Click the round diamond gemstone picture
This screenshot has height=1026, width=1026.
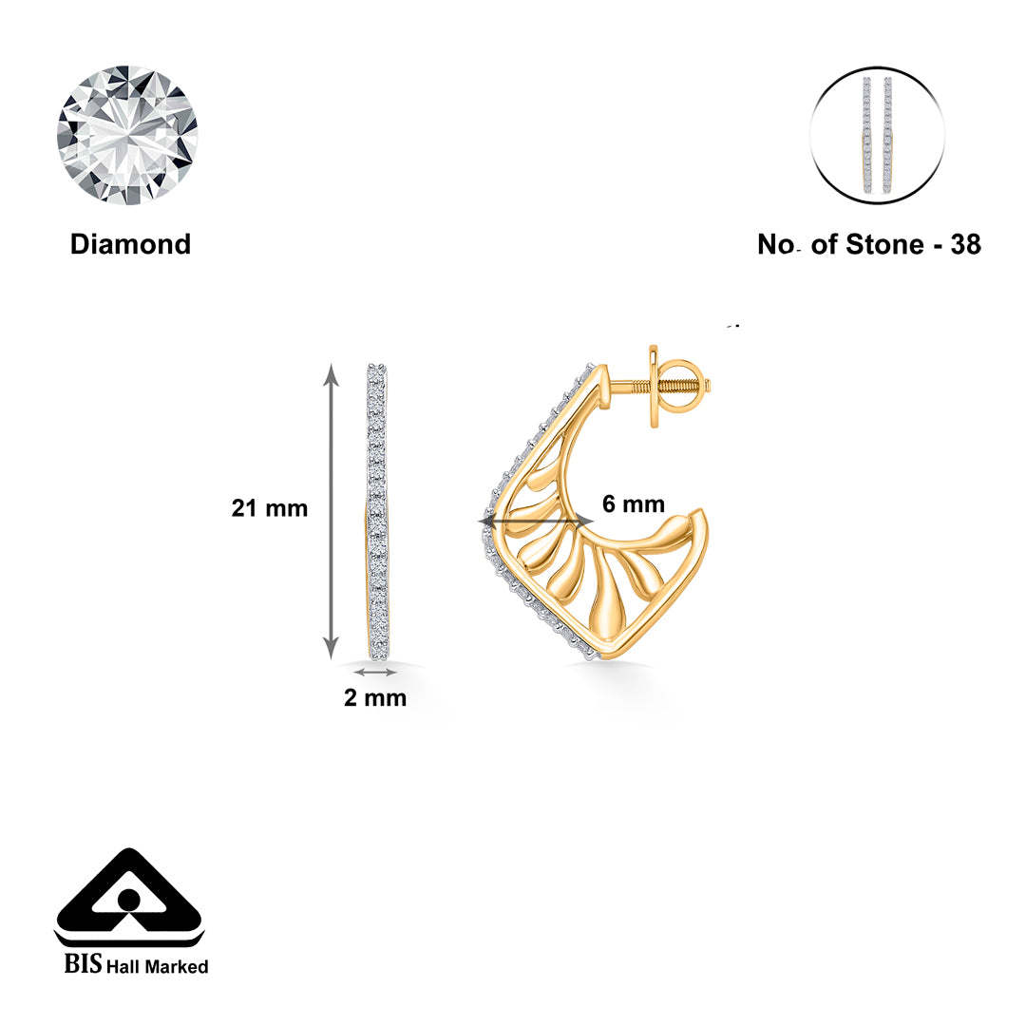coord(127,135)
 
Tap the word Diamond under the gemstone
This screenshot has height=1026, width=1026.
coord(130,244)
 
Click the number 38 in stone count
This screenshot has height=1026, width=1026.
coord(965,244)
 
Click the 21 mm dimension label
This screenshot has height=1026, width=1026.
coord(270,508)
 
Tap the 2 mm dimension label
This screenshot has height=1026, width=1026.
coord(375,698)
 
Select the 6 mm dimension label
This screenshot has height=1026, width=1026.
coord(633,503)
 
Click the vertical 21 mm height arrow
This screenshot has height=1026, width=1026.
coord(331,510)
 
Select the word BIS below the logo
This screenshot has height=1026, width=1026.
coord(83,965)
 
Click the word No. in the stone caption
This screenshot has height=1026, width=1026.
coord(780,244)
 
